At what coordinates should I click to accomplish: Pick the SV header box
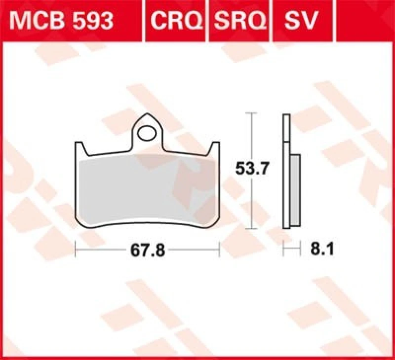[301, 21]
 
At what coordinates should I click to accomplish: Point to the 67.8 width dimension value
[147, 251]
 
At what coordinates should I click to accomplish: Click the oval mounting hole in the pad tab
[147, 133]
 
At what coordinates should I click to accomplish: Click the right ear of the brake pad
[215, 147]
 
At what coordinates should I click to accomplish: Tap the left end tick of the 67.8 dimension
[75, 251]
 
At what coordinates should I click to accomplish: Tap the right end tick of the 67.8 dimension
[219, 251]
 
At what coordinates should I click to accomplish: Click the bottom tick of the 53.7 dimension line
[252, 228]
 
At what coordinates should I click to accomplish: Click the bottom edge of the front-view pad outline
[147, 228]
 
